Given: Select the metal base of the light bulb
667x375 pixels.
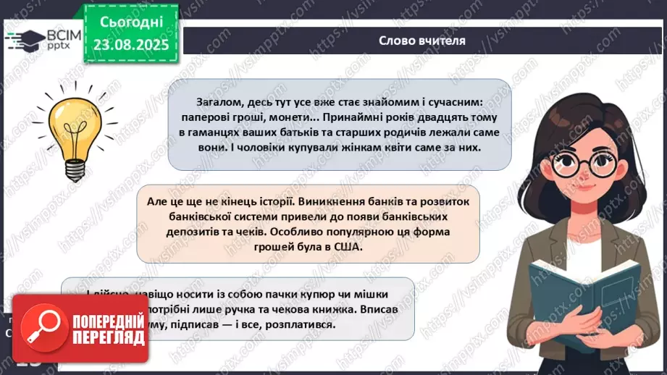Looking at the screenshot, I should (x=75, y=168).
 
